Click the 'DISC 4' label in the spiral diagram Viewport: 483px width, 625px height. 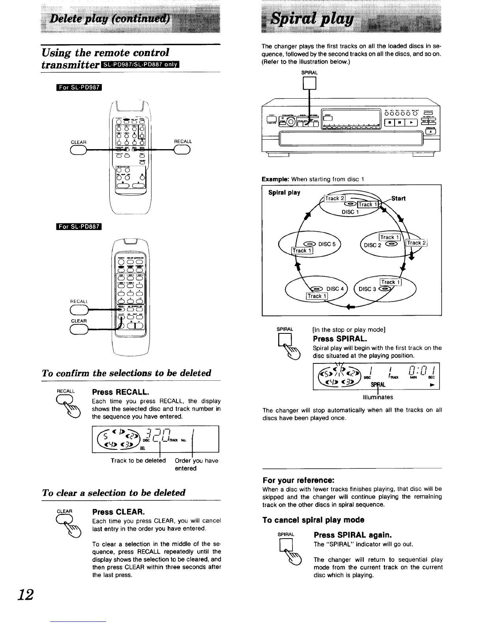336,288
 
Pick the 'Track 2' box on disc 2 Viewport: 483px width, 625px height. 416,243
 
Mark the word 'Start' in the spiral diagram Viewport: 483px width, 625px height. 399,198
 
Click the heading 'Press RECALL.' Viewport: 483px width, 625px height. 120,392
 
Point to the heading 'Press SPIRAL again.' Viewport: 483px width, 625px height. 352,535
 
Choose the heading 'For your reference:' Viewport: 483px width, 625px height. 299,481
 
